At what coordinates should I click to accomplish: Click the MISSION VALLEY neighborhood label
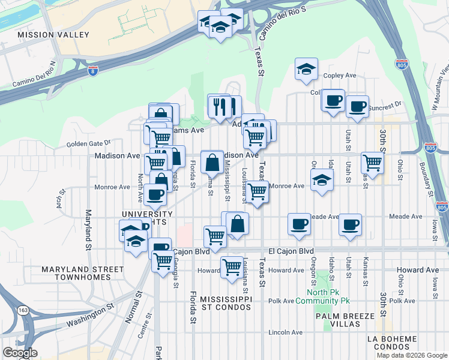pos(53,35)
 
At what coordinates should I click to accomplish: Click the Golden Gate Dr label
pos(89,143)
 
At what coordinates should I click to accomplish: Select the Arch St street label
pos(61,196)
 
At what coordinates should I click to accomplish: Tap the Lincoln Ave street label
pos(286,332)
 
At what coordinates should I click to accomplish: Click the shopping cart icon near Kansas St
pos(372,162)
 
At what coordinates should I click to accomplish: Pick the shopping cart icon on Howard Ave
pos(232,267)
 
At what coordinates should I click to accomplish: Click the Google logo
pos(20,353)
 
